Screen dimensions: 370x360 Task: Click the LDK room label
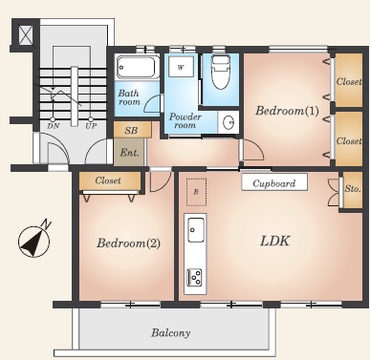coord(274,241)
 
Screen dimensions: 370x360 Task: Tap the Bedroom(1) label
coord(287,111)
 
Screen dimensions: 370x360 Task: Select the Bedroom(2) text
coord(128,244)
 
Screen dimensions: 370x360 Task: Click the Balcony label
coord(171,333)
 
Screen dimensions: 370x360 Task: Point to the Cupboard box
coord(274,182)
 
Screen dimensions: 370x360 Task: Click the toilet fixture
coord(221,72)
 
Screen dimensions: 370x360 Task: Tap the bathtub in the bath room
coord(138,68)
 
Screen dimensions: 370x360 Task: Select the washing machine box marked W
coord(181,67)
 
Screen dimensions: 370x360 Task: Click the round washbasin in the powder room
coord(229,122)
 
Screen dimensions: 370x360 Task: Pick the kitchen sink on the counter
coord(196,230)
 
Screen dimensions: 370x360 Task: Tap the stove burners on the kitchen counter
coord(195,277)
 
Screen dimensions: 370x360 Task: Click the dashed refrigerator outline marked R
coord(196,192)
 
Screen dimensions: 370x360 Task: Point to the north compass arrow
coord(34,241)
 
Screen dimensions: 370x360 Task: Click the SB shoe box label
coord(131,130)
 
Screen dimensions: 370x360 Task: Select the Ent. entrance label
coord(129,153)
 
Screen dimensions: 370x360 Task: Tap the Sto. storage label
coord(353,189)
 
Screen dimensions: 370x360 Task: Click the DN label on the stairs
coord(54,126)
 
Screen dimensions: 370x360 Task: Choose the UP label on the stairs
coord(91,126)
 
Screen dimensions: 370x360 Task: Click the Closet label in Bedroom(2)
coord(108,180)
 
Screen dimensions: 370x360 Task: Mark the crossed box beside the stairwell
coord(26,34)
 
